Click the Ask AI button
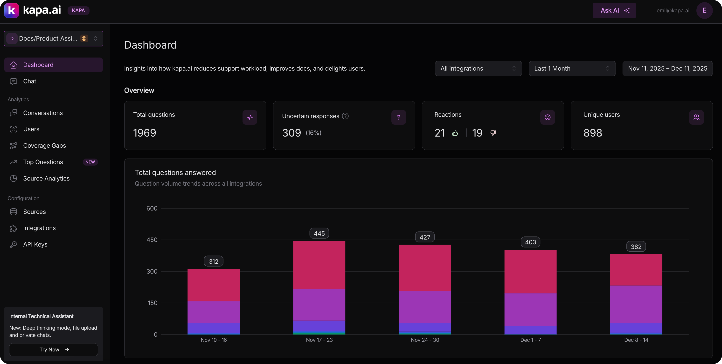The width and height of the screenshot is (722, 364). click(614, 11)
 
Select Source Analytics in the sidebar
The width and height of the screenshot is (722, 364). click(46, 178)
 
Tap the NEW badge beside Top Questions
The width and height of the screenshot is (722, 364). click(90, 162)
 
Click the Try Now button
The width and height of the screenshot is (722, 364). click(54, 349)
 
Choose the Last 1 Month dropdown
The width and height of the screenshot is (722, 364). click(572, 68)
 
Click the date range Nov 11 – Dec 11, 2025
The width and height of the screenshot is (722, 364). click(667, 68)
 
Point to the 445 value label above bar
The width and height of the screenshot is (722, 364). click(319, 233)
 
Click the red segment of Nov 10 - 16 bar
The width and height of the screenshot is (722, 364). click(214, 285)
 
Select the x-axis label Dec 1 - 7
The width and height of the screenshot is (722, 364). click(530, 340)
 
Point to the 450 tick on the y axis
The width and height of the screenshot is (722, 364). click(152, 240)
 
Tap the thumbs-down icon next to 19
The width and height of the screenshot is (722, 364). click(493, 133)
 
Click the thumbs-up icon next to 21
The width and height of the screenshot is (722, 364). click(455, 133)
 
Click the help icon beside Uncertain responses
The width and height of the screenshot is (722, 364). click(345, 116)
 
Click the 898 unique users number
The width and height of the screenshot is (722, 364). click(592, 133)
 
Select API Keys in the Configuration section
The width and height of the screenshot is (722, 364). click(35, 244)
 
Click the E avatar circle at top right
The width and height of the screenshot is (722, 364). click(704, 11)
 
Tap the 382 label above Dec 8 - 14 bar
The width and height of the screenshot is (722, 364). click(636, 247)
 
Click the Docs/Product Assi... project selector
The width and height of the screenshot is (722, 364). click(54, 38)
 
